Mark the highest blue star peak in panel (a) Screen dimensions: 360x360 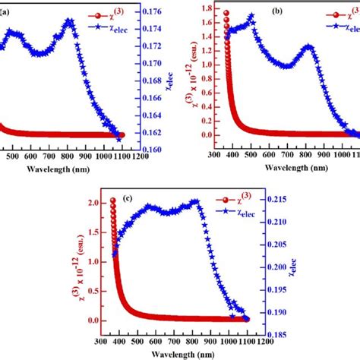pos(70,21)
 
